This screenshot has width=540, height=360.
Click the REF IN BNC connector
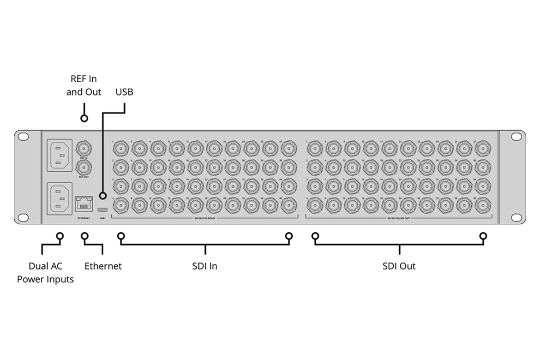[x=84, y=149]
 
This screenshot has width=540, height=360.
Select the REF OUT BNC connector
[x=84, y=166]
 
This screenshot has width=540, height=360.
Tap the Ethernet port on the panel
[x=84, y=202]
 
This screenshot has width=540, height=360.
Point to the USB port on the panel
[x=102, y=204]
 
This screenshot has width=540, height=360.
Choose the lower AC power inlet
[x=59, y=198]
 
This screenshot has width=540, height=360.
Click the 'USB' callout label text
[x=124, y=92]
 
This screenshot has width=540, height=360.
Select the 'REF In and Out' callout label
[x=84, y=85]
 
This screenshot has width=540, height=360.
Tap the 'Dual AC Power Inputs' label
[x=45, y=272]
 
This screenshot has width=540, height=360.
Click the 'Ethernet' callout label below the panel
[x=103, y=266]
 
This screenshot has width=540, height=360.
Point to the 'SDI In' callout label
[x=204, y=266]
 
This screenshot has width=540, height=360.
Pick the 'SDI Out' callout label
[x=399, y=266]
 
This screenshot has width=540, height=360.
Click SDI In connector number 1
[x=120, y=149]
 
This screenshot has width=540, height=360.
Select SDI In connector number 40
[x=288, y=204]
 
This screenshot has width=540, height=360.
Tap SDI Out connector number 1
[x=315, y=149]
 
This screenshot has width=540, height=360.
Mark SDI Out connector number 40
[x=483, y=204]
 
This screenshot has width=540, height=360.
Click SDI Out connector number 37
[x=483, y=149]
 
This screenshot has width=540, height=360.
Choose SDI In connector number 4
[x=120, y=204]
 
